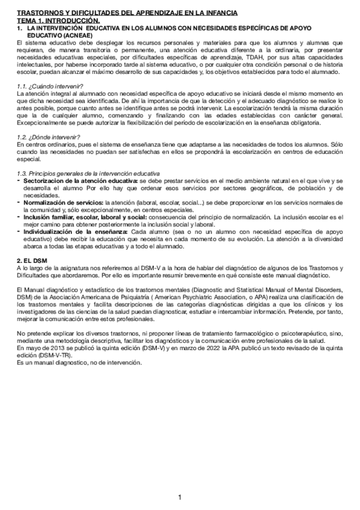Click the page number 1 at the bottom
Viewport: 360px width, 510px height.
coord(180,497)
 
